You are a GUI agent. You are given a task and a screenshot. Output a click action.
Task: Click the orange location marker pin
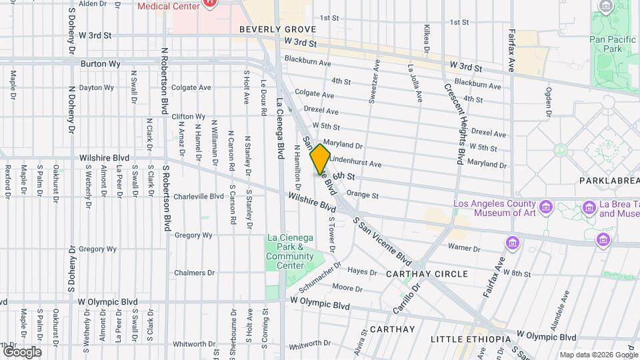[x=320, y=159]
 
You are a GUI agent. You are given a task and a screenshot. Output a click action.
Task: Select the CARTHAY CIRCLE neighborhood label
[x=427, y=274]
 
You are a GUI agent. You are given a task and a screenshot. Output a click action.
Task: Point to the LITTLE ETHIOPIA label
[x=470, y=339]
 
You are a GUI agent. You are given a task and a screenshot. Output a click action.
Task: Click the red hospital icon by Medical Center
[x=210, y=3]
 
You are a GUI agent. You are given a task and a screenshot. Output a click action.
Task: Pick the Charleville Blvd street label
[x=198, y=197]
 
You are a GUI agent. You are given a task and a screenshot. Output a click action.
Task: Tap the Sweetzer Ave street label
[x=373, y=81]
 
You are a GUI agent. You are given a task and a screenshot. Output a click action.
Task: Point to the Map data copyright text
[x=599, y=355]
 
